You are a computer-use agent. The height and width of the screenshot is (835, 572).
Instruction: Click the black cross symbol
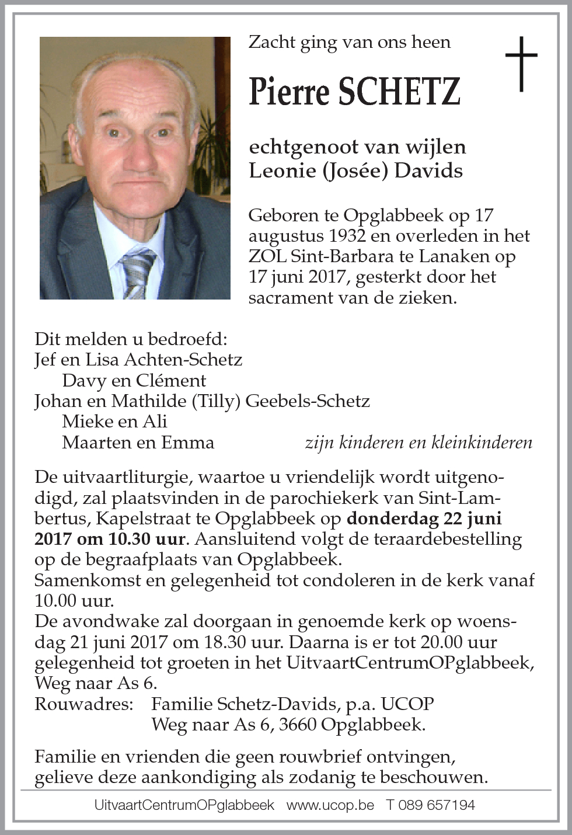pyautogui.click(x=521, y=64)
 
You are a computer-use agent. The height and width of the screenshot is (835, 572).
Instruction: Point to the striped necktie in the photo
pyautogui.click(x=138, y=272)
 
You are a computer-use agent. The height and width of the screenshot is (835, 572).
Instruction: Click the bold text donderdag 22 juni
pyautogui.click(x=424, y=518)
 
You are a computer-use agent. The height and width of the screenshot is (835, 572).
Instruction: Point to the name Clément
pyautogui.click(x=170, y=381)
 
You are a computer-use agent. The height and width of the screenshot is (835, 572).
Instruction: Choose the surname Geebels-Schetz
pyautogui.click(x=308, y=401)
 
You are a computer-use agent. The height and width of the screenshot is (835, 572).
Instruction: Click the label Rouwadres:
pyautogui.click(x=84, y=704)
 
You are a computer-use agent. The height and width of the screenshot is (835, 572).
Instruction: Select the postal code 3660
pyautogui.click(x=297, y=725)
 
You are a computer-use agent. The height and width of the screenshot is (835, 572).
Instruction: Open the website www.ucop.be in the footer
pyautogui.click(x=330, y=805)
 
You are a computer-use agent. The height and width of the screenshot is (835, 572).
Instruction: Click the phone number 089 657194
pyautogui.click(x=437, y=805)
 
